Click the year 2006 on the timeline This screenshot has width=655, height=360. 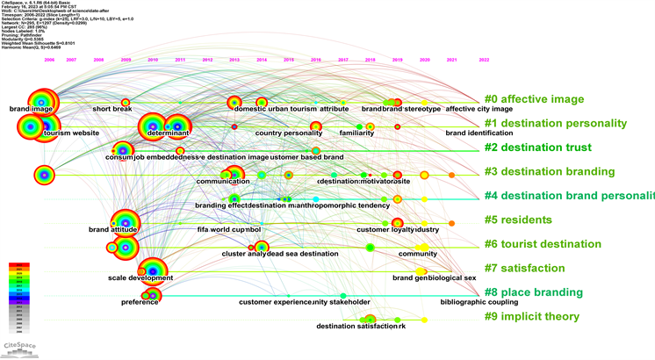pyautogui.click(x=49, y=60)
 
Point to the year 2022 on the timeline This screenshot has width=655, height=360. pyautogui.click(x=484, y=60)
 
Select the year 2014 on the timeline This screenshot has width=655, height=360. pyautogui.click(x=262, y=60)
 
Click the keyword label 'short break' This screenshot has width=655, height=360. pyautogui.click(x=112, y=109)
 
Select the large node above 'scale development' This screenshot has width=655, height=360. pyautogui.click(x=153, y=268)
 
